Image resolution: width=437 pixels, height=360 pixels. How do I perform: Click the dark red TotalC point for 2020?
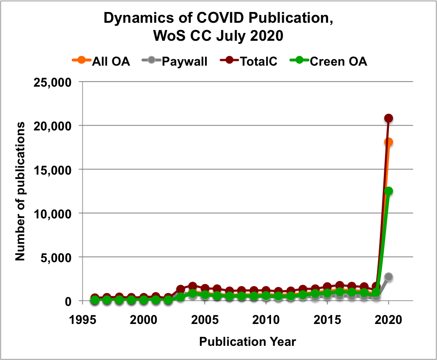[x=389, y=118]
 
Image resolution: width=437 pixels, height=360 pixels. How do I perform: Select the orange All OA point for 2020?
[x=389, y=142]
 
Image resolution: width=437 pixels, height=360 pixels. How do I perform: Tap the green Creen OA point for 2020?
[x=389, y=191]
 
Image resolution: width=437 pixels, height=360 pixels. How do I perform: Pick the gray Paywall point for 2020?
[x=389, y=277]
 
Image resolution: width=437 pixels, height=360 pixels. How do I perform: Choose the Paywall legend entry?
[x=178, y=61]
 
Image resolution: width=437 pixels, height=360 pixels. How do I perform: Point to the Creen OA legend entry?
[x=330, y=61]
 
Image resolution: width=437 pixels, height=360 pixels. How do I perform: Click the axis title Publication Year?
[x=247, y=342]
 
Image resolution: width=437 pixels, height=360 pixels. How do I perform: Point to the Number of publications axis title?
[x=19, y=191]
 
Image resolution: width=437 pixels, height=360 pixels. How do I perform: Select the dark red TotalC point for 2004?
[x=193, y=286]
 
